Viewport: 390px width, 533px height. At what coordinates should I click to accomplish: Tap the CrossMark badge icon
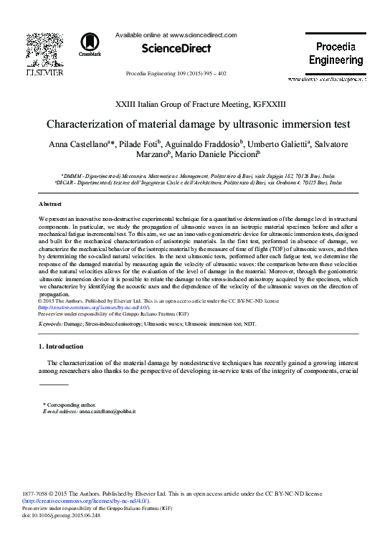coord(90,44)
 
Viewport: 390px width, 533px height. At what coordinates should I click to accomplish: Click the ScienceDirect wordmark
coord(177,49)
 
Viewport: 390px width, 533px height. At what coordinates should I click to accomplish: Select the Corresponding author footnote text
coord(70,405)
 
